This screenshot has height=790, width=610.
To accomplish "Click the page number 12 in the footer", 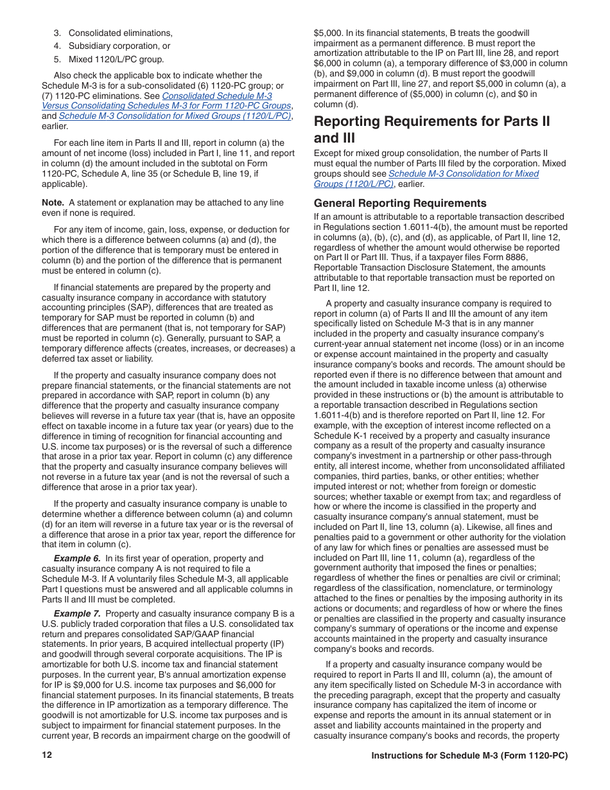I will click(47, 755).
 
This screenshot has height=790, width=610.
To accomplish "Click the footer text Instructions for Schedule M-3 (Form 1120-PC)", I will click(469, 756).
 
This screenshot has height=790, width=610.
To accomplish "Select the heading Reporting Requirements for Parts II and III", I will click(431, 129).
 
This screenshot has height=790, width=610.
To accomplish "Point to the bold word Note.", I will click(53, 202).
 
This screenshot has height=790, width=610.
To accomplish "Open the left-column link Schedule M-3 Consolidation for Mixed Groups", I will click(175, 116).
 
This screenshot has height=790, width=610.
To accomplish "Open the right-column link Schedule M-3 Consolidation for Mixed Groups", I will click(426, 179).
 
